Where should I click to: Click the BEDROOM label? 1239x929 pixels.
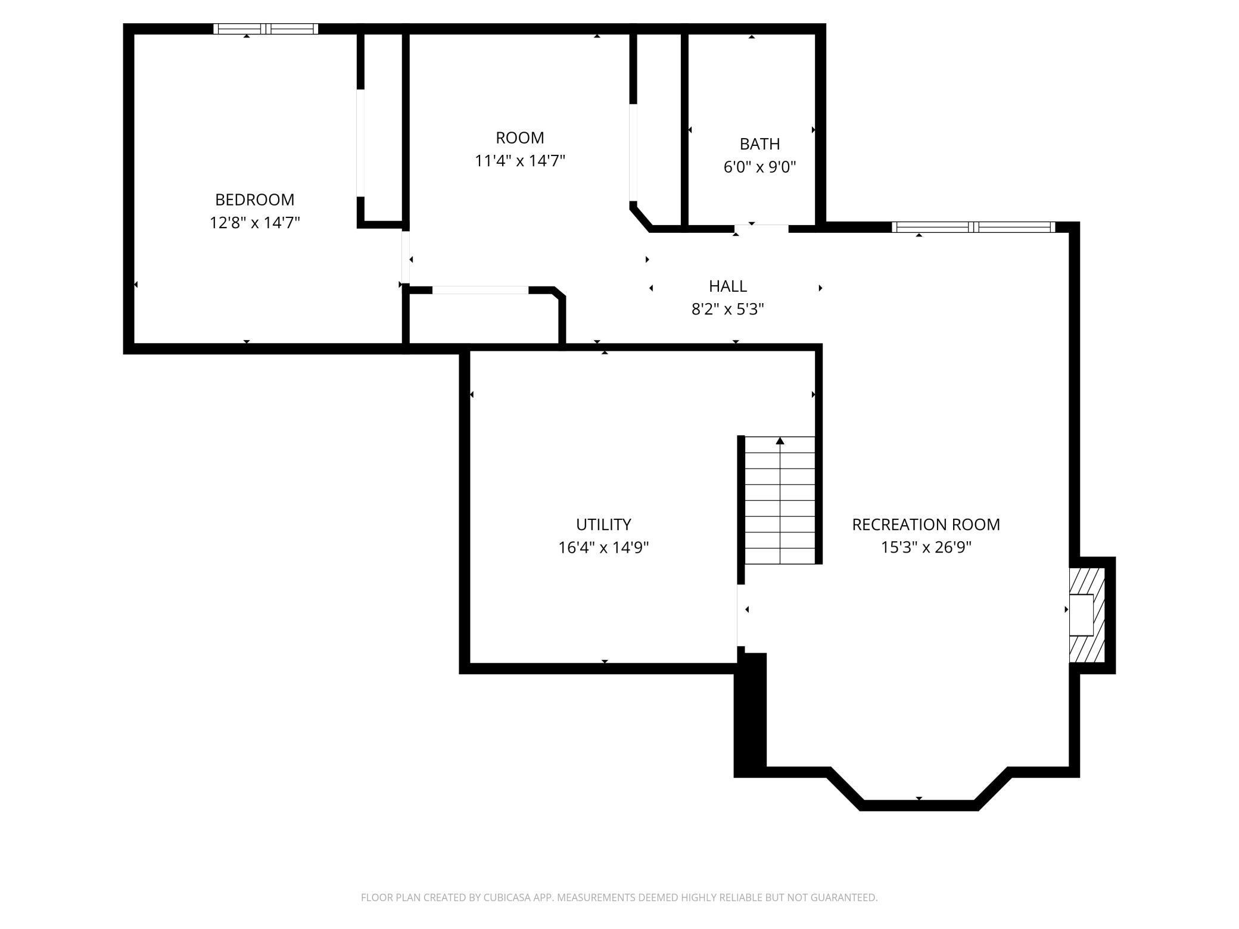click(x=254, y=199)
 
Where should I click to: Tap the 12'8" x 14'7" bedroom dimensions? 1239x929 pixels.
click(x=254, y=223)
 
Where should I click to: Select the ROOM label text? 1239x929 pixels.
click(x=519, y=138)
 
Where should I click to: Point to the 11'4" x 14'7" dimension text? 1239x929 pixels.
click(x=519, y=161)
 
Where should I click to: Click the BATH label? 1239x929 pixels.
click(x=759, y=144)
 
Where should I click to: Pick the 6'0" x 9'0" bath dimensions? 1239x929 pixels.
click(x=759, y=167)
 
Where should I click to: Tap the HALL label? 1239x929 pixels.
click(x=727, y=286)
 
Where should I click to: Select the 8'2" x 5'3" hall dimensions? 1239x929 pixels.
click(x=727, y=309)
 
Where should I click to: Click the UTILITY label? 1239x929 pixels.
click(x=603, y=525)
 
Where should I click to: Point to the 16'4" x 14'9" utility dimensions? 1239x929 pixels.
click(x=603, y=547)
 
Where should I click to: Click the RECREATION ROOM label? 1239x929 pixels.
click(x=926, y=525)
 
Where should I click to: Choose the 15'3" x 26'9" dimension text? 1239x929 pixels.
click(x=926, y=547)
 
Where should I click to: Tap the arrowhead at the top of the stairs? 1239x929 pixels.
click(x=780, y=441)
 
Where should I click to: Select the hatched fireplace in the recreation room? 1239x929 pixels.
click(x=1087, y=615)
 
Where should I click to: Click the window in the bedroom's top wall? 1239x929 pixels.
click(x=266, y=29)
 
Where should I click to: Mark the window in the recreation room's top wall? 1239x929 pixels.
click(x=973, y=227)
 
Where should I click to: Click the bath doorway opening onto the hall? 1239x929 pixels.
click(x=761, y=228)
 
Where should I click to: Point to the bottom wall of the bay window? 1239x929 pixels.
click(x=919, y=805)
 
